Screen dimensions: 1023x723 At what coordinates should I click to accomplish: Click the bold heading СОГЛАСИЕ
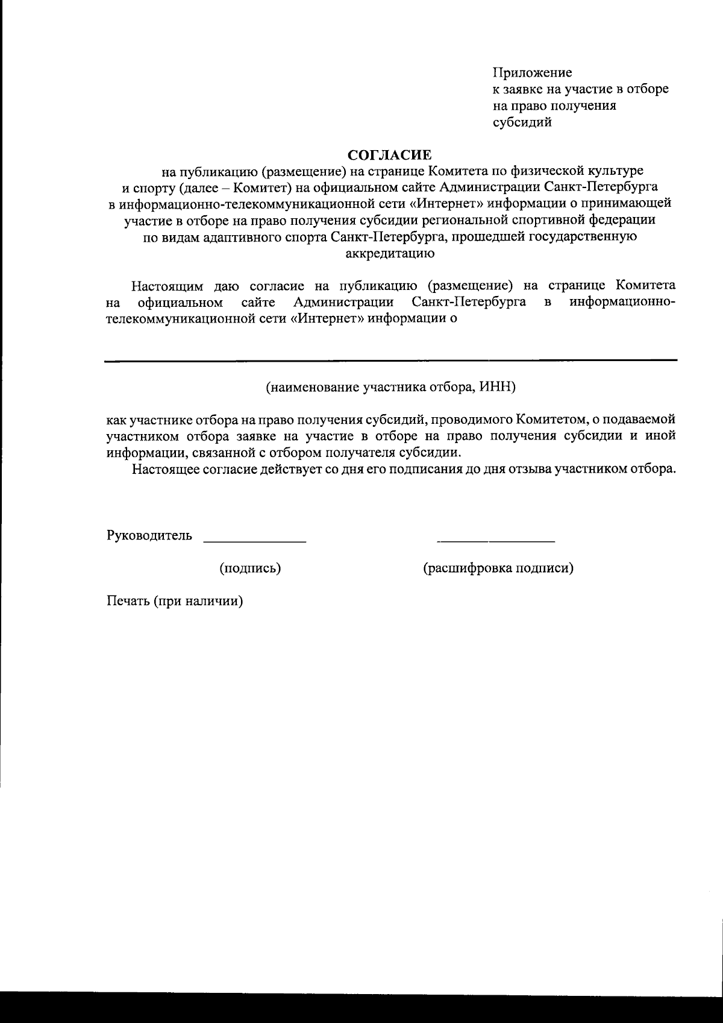point(391,154)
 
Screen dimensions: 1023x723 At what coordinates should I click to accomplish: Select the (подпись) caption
point(250,568)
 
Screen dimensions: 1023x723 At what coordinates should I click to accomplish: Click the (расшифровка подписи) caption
point(498,568)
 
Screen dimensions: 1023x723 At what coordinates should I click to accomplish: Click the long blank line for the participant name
point(390,360)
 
